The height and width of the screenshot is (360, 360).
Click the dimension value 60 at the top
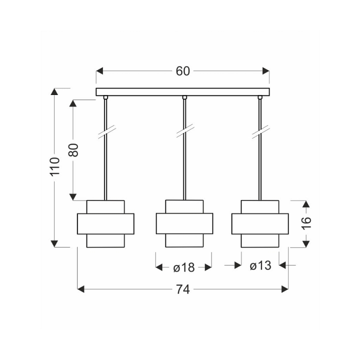(183, 71)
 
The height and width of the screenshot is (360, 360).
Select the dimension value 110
(55, 166)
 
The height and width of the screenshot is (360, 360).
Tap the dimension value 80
(73, 150)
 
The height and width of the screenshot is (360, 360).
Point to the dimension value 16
(306, 223)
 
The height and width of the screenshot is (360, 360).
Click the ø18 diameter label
(184, 267)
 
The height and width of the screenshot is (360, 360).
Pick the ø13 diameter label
(260, 265)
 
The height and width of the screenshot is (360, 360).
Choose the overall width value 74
(183, 289)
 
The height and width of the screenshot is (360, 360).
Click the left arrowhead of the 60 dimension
(99, 71)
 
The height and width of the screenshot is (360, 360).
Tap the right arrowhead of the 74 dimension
(285, 289)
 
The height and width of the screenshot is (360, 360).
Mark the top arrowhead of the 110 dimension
(54, 91)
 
